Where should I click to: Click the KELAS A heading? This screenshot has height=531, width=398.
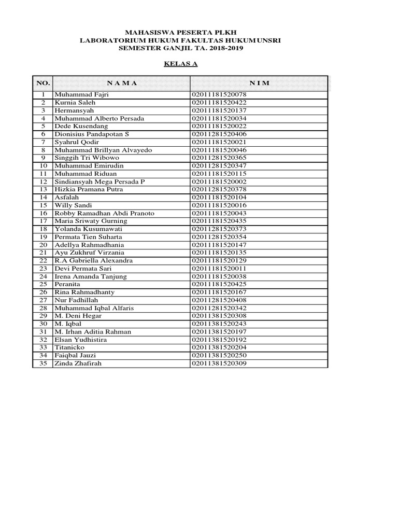181,64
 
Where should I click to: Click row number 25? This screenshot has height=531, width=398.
44,284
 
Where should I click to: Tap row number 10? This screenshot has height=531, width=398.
44,166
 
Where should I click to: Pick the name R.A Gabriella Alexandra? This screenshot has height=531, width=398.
93,261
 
